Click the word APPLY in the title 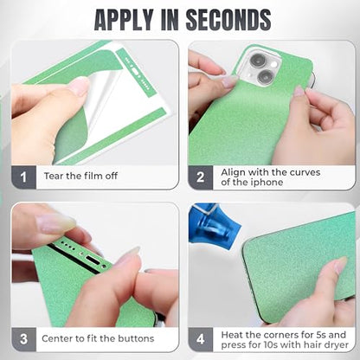[x=124, y=20]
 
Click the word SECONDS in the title [x=228, y=20]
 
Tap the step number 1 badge [x=23, y=177]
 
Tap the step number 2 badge [x=201, y=177]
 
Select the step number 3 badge [x=23, y=339]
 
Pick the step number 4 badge [x=201, y=339]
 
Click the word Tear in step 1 [x=54, y=176]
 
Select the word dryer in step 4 [x=336, y=345]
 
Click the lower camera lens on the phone [x=266, y=77]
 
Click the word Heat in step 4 [x=232, y=335]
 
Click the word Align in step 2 [x=234, y=173]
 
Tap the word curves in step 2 [x=305, y=172]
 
